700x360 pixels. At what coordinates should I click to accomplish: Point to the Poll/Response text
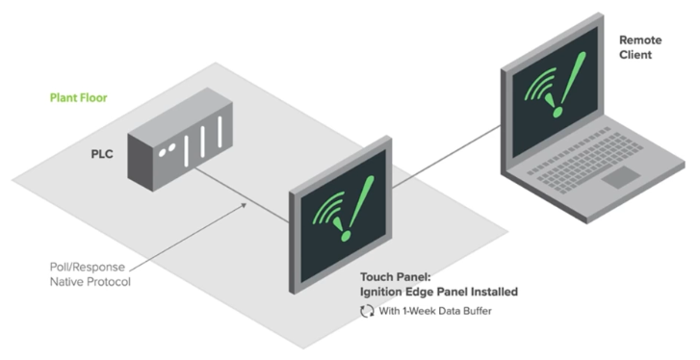pyautogui.click(x=85, y=266)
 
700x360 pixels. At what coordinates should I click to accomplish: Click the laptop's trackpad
pyautogui.click(x=625, y=176)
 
